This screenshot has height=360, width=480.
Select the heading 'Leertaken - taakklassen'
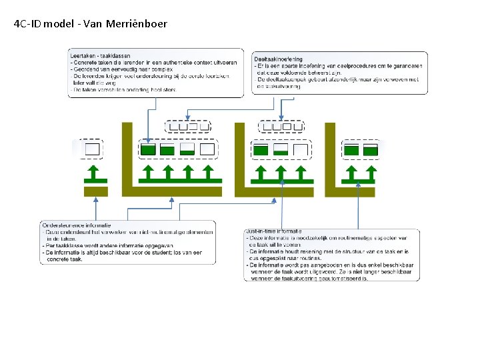coord(101,56)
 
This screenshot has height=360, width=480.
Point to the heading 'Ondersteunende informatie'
coord(77,225)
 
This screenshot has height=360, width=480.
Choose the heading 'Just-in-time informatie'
coord(273,231)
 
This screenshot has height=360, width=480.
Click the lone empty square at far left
coord(92,149)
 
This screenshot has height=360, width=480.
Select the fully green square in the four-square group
coord(148,149)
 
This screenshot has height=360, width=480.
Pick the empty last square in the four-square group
coord(207,149)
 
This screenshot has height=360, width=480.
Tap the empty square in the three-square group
coord(301,150)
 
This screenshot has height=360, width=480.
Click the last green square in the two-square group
coord(371,150)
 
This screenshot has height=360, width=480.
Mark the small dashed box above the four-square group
coord(187,126)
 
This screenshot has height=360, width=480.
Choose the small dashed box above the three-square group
coord(281,126)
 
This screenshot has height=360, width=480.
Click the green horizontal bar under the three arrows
coord(281,180)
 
